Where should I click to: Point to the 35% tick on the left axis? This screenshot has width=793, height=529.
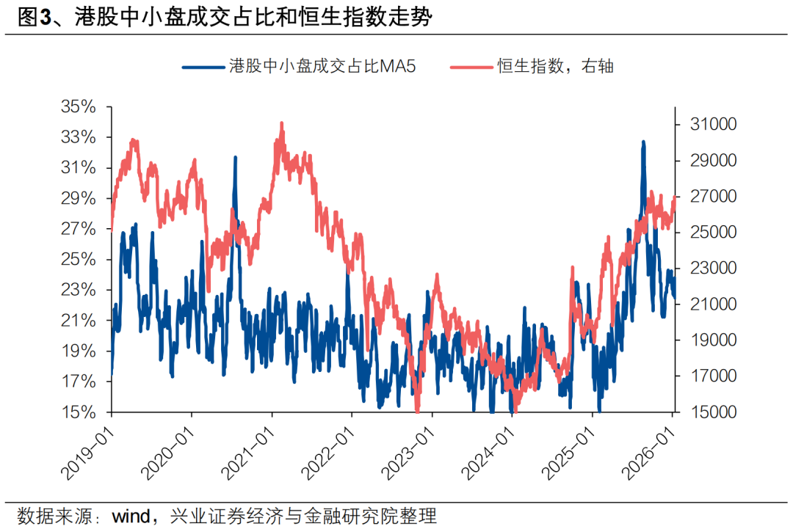tap(79, 107)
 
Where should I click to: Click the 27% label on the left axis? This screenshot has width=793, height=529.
tap(79, 229)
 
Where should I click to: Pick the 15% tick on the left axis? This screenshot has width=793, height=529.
tap(79, 412)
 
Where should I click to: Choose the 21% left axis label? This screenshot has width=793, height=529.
tap(79, 321)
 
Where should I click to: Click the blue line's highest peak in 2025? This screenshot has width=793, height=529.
tap(643, 142)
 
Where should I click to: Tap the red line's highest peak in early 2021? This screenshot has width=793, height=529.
tap(282, 123)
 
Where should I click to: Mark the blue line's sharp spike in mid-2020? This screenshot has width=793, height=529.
tap(236, 157)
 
